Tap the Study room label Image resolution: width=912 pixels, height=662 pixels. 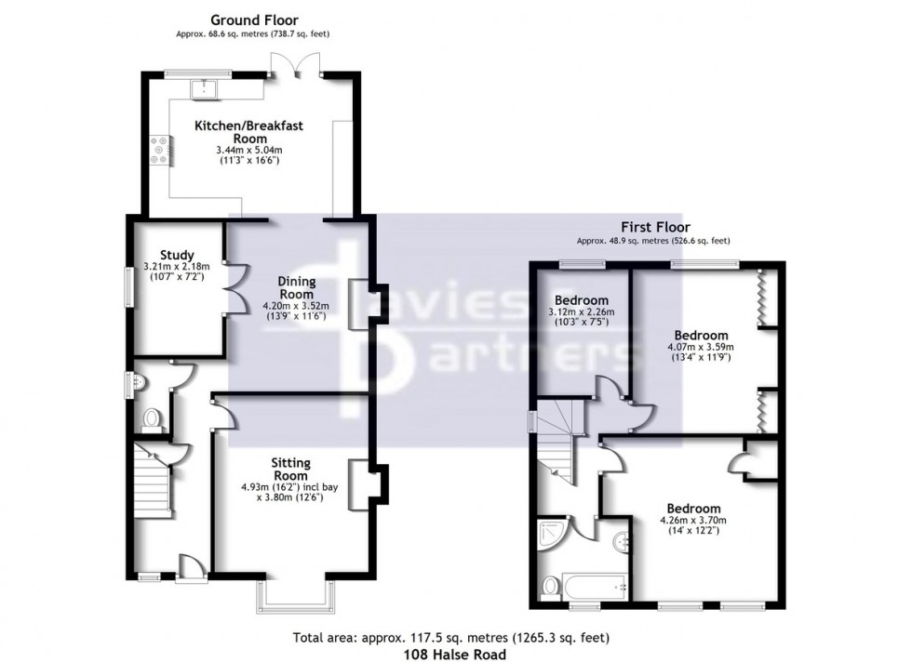tap(176, 255)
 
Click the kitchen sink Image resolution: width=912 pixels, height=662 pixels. tap(203, 88)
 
